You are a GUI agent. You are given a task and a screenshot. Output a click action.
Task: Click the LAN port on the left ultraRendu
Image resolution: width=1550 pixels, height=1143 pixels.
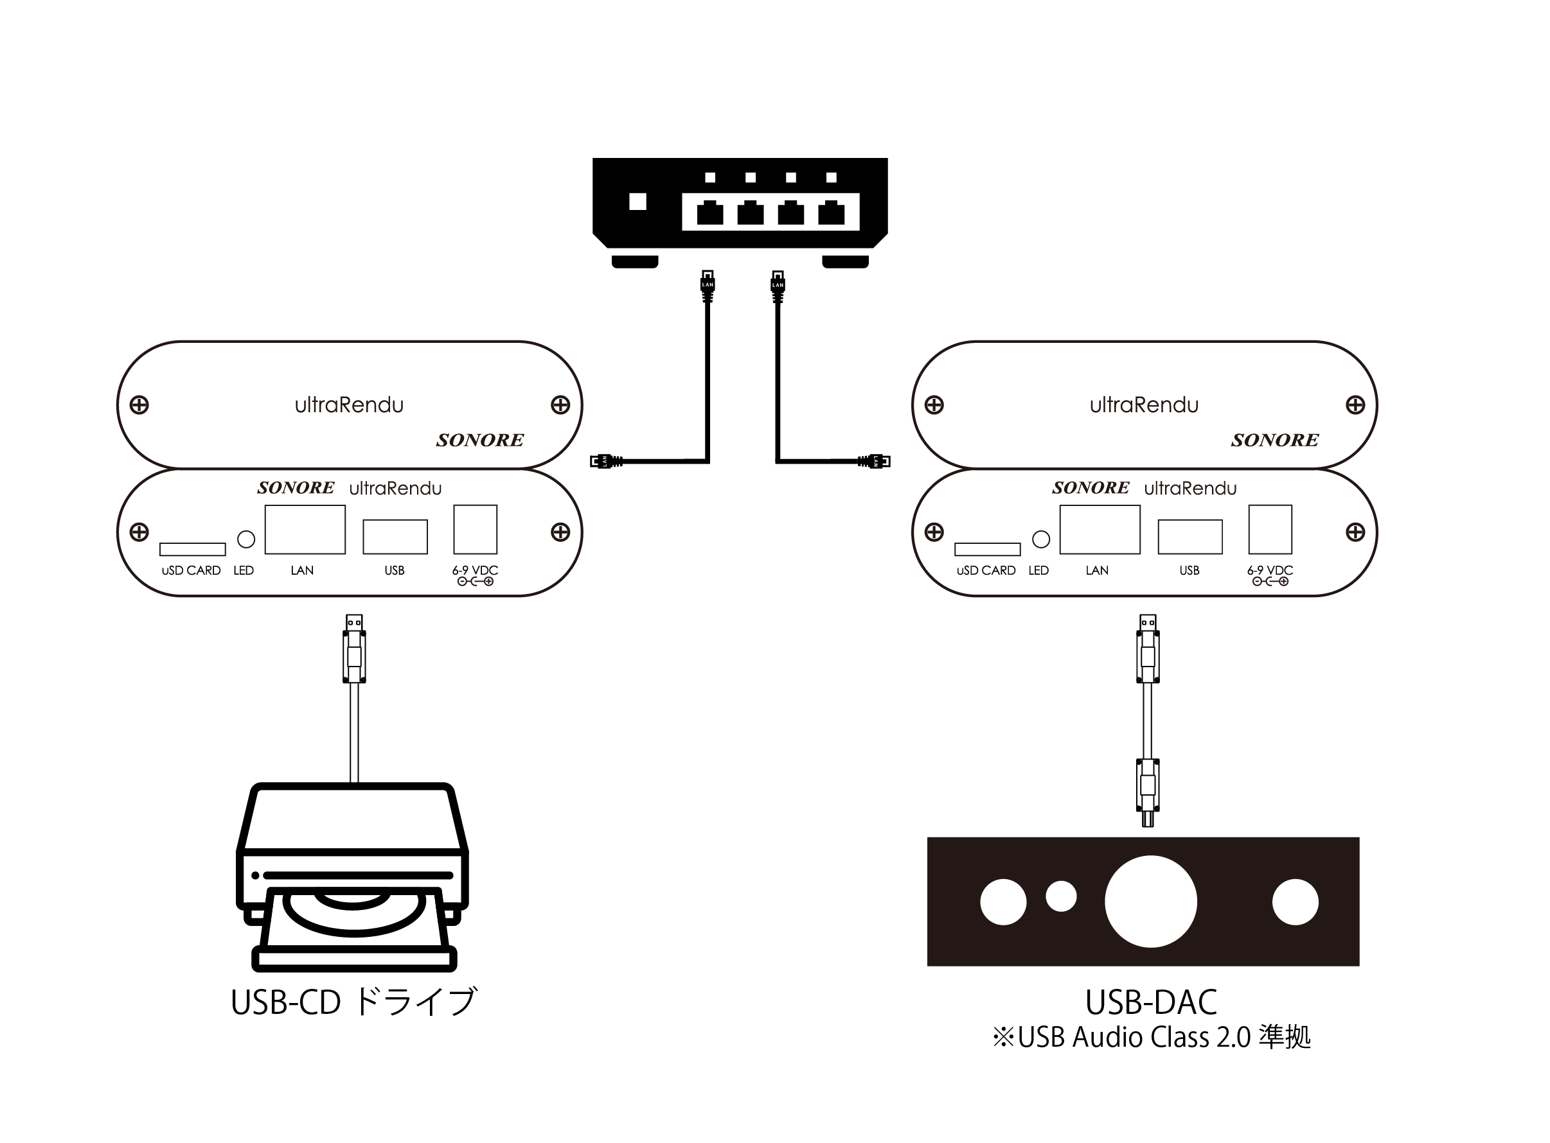(x=305, y=529)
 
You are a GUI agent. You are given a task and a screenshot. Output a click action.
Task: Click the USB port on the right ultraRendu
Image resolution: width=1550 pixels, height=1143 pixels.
(x=1189, y=537)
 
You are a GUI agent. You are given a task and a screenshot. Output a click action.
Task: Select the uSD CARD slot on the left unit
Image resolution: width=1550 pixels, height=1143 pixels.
(x=192, y=550)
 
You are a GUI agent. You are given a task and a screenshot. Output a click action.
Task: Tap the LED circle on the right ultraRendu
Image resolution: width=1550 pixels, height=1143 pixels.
(x=1040, y=539)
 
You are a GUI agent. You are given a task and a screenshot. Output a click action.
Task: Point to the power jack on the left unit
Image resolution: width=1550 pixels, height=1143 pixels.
(x=475, y=529)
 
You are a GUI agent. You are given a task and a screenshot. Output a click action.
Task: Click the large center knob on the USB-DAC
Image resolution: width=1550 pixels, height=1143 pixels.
(x=1150, y=902)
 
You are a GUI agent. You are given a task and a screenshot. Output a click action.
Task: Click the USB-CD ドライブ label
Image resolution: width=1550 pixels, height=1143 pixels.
(x=353, y=1002)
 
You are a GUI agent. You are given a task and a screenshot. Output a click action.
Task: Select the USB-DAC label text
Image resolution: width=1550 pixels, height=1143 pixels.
(x=1150, y=1002)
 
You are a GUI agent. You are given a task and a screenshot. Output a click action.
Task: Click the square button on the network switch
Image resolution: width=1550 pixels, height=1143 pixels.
(x=637, y=202)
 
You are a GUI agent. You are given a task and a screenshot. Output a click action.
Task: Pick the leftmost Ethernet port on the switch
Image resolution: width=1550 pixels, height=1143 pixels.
(x=709, y=213)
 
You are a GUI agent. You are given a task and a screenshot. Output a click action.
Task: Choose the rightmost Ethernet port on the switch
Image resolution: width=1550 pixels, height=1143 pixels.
(x=831, y=213)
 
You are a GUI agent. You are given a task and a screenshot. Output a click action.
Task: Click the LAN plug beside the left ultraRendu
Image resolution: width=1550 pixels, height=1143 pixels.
(x=606, y=461)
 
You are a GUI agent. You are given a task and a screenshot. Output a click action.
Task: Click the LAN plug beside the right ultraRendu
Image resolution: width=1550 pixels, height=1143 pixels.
(x=875, y=461)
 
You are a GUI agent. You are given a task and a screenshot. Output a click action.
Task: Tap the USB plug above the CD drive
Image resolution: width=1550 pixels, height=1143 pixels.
(x=353, y=649)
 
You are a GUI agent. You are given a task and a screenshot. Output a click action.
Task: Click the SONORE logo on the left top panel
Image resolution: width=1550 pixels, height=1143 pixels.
(x=480, y=440)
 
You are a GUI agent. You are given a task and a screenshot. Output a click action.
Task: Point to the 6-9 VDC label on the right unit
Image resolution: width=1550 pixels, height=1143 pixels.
(x=1270, y=570)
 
